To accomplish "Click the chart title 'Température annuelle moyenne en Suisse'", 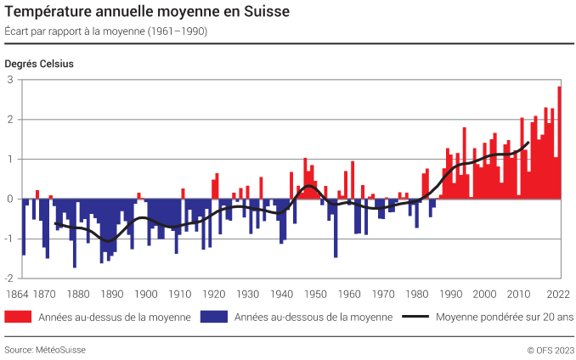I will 146,13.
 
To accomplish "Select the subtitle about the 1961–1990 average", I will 105,31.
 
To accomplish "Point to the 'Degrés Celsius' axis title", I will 39,64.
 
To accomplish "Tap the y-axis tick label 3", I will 11,80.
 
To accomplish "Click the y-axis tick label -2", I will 9,278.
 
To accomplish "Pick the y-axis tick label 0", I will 11,200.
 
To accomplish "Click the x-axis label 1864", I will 16,295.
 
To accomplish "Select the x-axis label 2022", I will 557,295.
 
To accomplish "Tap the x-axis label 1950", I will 314,295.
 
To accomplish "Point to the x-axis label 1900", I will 145,295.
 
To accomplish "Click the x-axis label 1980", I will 416,295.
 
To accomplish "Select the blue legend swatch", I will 213,318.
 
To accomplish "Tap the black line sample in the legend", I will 415,318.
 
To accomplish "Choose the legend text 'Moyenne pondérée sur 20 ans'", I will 504,318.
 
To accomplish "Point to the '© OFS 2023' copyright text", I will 549,349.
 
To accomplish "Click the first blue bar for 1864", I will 23,227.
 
